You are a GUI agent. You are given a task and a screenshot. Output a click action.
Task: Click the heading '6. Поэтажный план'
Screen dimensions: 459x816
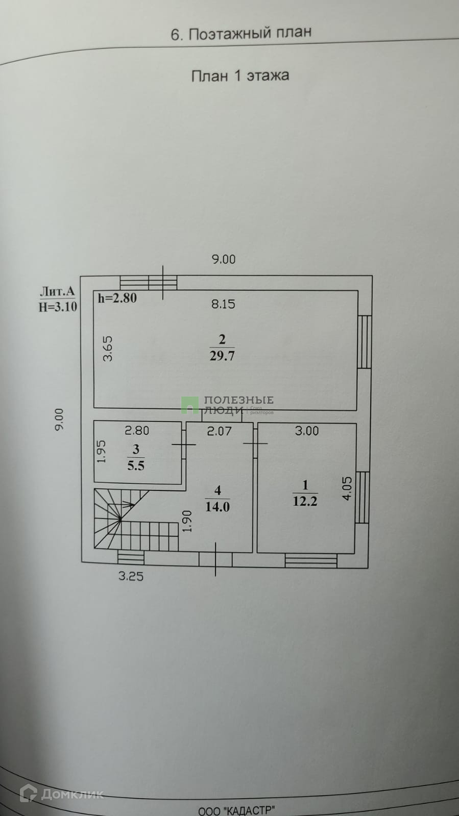click(240, 34)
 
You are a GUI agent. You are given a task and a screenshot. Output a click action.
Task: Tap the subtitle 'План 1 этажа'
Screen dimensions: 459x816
click(240, 76)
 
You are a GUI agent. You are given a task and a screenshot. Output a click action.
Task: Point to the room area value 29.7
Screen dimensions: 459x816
click(222, 356)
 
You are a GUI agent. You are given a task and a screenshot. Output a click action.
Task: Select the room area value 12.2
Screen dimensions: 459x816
click(305, 501)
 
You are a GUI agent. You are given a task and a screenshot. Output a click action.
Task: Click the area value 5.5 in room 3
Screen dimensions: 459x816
click(136, 465)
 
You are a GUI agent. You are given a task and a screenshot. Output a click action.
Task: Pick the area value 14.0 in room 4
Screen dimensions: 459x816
click(218, 507)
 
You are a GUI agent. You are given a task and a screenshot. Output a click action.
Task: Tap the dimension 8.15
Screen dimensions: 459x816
click(223, 304)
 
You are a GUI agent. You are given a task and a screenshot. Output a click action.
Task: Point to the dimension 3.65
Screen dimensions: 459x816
click(108, 349)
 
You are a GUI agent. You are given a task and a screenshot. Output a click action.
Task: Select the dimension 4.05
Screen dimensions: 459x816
click(347, 488)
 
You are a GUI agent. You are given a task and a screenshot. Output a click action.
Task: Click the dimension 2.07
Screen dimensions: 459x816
click(219, 431)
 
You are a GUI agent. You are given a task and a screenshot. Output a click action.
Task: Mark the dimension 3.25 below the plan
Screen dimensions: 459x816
click(131, 577)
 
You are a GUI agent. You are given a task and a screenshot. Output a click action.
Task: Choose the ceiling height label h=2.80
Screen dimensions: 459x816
click(117, 298)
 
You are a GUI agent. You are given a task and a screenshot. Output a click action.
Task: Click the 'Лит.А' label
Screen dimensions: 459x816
click(57, 291)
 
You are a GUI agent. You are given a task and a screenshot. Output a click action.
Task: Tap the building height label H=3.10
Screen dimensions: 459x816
click(58, 307)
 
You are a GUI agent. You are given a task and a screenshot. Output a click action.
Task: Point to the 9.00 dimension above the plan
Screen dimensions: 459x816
click(224, 259)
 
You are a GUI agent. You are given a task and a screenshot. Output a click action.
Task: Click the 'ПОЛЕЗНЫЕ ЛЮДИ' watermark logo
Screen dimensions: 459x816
click(228, 405)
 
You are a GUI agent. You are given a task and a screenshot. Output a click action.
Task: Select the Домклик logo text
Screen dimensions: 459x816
click(62, 794)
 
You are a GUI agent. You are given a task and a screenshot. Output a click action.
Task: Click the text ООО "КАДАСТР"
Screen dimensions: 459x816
click(236, 810)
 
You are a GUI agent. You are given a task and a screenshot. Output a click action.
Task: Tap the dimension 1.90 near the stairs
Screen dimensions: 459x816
click(187, 521)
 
